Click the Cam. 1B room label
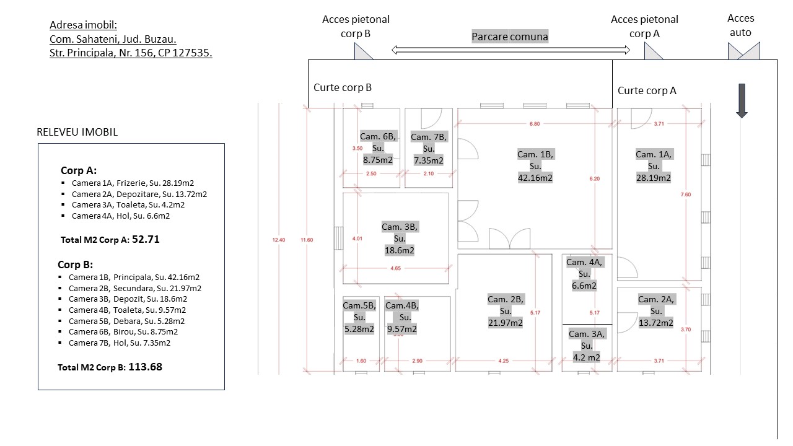pos(535,166)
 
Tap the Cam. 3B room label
pos(400,238)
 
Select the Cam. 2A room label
pos(655,311)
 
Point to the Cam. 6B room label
pos(377,148)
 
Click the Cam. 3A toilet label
pos(586,346)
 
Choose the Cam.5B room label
pos(359,317)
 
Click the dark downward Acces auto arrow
pos(742,100)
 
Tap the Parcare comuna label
pos(510,37)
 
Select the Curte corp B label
pos(343,87)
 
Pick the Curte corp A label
pos(647,90)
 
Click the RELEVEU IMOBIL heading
pos(77,132)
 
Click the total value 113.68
pos(145,367)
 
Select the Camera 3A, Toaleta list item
pos(128,204)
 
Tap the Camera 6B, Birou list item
pos(124,331)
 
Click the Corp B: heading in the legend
pos(75,265)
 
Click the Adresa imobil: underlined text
pos(83,25)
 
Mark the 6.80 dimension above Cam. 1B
pos(534,124)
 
